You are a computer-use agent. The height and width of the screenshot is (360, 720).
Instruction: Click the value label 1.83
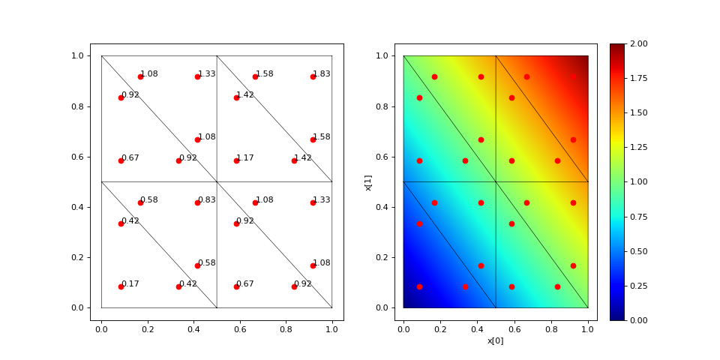[322, 74]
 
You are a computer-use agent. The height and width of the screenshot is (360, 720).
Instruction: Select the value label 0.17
[130, 283]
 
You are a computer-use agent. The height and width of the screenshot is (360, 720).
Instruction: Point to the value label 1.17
[245, 158]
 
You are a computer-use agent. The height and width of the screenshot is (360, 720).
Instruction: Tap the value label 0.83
[207, 199]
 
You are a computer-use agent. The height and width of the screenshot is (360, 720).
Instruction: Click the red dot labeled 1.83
[313, 76]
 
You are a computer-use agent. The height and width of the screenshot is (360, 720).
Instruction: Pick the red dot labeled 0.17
[121, 286]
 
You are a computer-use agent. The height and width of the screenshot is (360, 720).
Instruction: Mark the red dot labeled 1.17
[236, 160]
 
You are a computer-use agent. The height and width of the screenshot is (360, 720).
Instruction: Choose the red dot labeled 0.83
[197, 202]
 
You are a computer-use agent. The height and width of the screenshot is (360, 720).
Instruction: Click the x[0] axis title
[496, 340]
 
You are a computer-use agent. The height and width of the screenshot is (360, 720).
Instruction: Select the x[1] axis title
[369, 181]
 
